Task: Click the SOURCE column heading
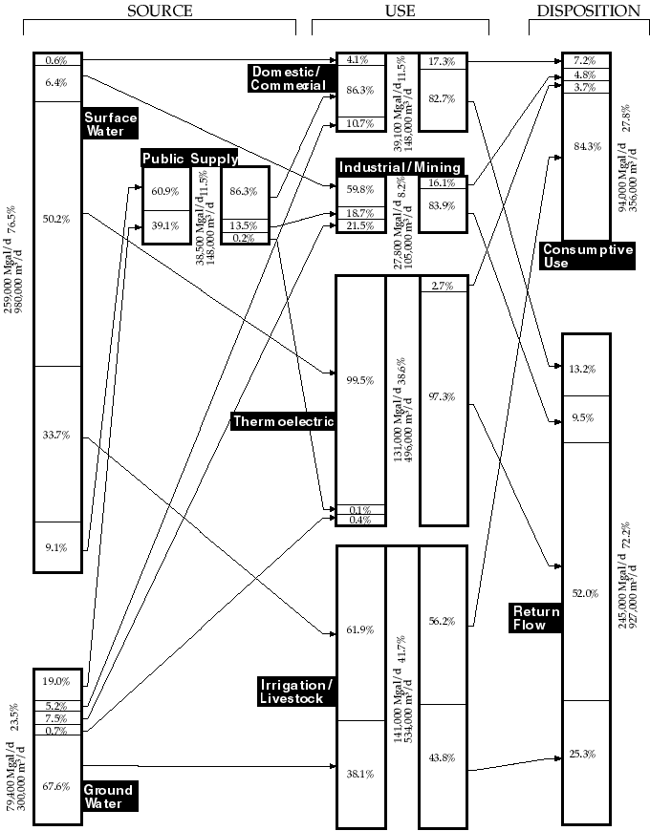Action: [x=160, y=11]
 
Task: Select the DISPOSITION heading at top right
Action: [x=589, y=11]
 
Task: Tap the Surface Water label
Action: [x=111, y=125]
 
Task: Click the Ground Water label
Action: [x=108, y=797]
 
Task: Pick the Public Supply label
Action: [x=189, y=159]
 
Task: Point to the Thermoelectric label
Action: [x=283, y=421]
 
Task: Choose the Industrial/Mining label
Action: [x=400, y=168]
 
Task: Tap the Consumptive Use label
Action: [x=588, y=256]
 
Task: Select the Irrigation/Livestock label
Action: [x=296, y=692]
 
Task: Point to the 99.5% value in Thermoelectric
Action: [x=360, y=379]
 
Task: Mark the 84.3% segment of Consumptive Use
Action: [x=586, y=146]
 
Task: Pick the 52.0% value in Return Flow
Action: [x=585, y=593]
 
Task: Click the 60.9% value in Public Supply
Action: [x=166, y=191]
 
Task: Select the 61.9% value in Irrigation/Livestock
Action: [x=360, y=630]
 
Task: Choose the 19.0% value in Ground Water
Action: [x=57, y=682]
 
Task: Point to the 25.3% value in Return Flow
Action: [x=585, y=754]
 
